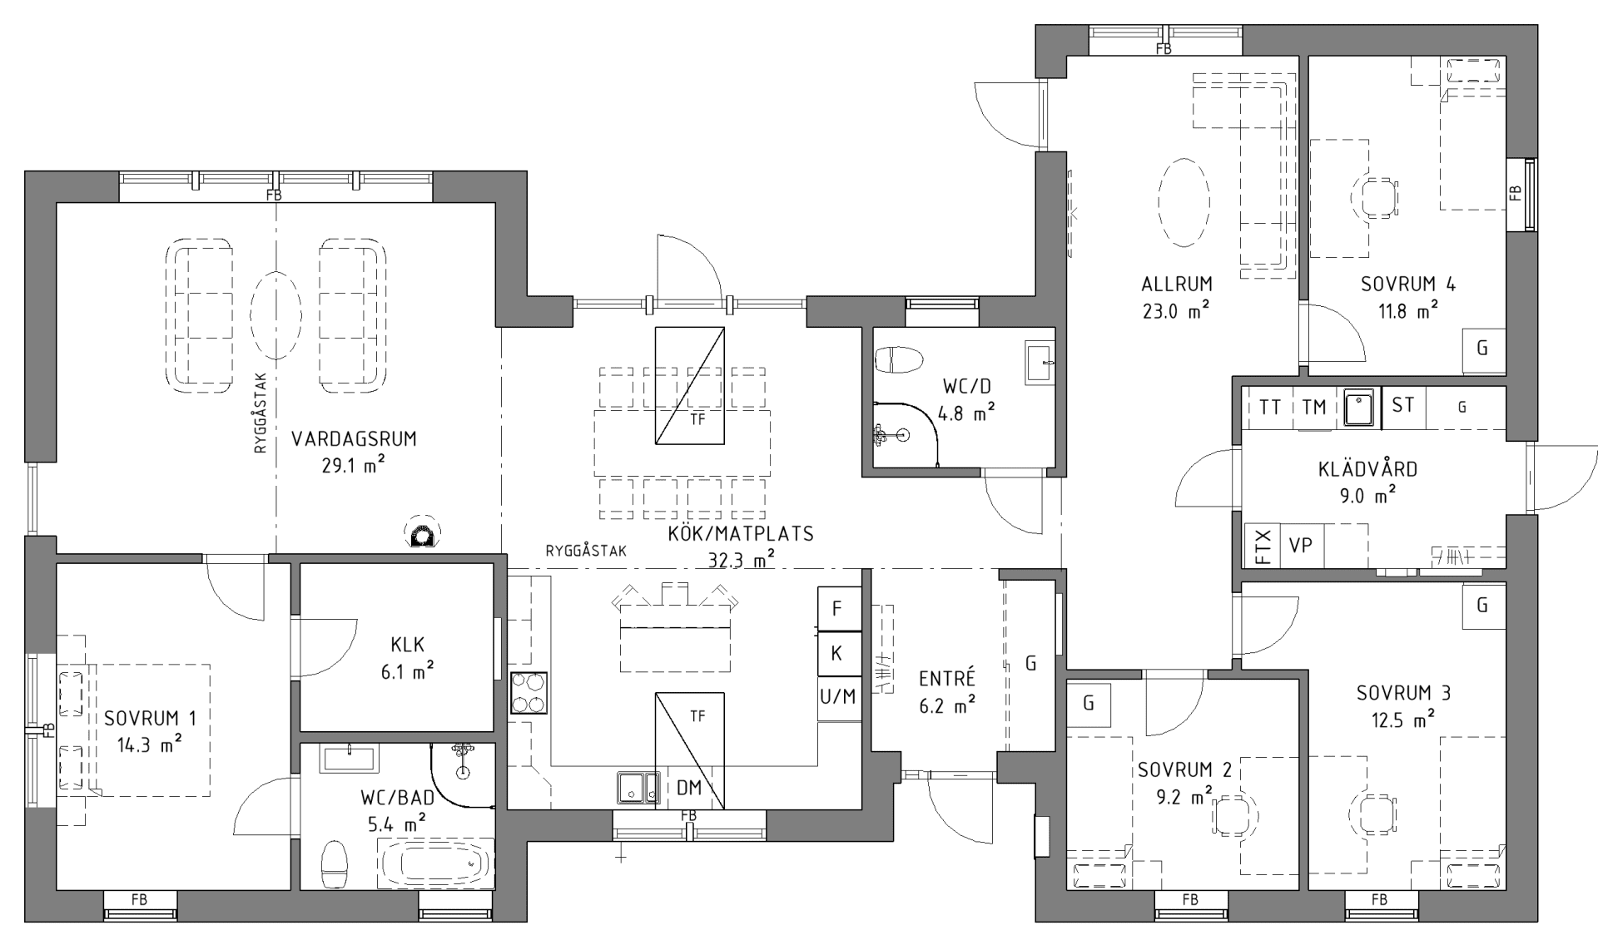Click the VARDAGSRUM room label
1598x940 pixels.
pyautogui.click(x=354, y=439)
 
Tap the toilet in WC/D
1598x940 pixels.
pyautogui.click(x=898, y=360)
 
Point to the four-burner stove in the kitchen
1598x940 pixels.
pyautogui.click(x=529, y=692)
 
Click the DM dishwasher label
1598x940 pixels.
pyautogui.click(x=688, y=788)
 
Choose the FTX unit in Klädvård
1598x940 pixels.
pyautogui.click(x=1262, y=546)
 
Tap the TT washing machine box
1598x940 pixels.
pyautogui.click(x=1269, y=407)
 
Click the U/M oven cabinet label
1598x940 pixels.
pyautogui.click(x=838, y=696)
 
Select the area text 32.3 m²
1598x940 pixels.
pyautogui.click(x=741, y=560)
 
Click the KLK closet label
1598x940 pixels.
pyautogui.click(x=407, y=644)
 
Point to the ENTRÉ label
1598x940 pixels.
pyautogui.click(x=946, y=679)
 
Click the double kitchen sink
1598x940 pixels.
pyautogui.click(x=638, y=788)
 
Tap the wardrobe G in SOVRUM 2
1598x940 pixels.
pyautogui.click(x=1088, y=703)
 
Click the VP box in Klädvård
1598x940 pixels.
pyautogui.click(x=1300, y=546)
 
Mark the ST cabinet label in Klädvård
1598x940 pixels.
pyautogui.click(x=1403, y=405)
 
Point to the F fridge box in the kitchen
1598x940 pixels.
pyautogui.click(x=837, y=609)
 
